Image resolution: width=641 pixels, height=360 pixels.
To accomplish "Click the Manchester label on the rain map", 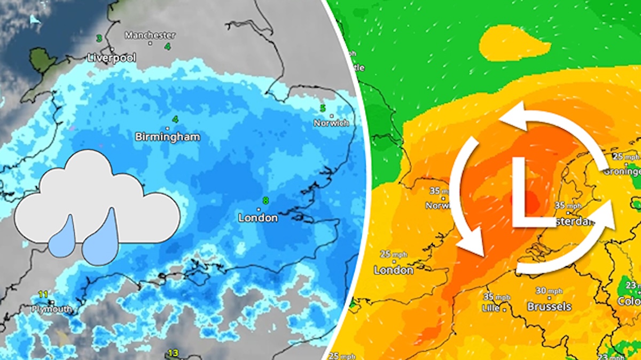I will (150, 35).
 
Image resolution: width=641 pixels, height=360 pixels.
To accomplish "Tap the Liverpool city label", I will (112, 57).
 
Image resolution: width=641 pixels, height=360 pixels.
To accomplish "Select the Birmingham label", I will (168, 137).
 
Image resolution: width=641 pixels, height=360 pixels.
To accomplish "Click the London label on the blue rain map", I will (258, 217).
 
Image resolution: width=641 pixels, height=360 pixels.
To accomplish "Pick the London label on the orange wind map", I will (394, 270).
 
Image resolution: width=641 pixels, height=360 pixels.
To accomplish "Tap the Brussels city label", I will (549, 307).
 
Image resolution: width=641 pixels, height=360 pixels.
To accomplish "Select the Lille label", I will (491, 308).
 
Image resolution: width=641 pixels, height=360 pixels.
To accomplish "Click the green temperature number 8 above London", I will (265, 201).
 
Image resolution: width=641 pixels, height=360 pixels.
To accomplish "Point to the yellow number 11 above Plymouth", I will (43, 294).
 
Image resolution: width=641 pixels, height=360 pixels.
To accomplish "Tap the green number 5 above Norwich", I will (323, 108).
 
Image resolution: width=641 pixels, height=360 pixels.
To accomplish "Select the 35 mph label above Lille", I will (496, 296).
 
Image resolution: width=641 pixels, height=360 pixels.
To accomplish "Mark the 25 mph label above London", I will (393, 254).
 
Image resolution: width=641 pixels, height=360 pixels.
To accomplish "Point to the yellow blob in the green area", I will (513, 43).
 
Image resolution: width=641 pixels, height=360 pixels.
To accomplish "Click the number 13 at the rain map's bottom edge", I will (173, 353).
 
